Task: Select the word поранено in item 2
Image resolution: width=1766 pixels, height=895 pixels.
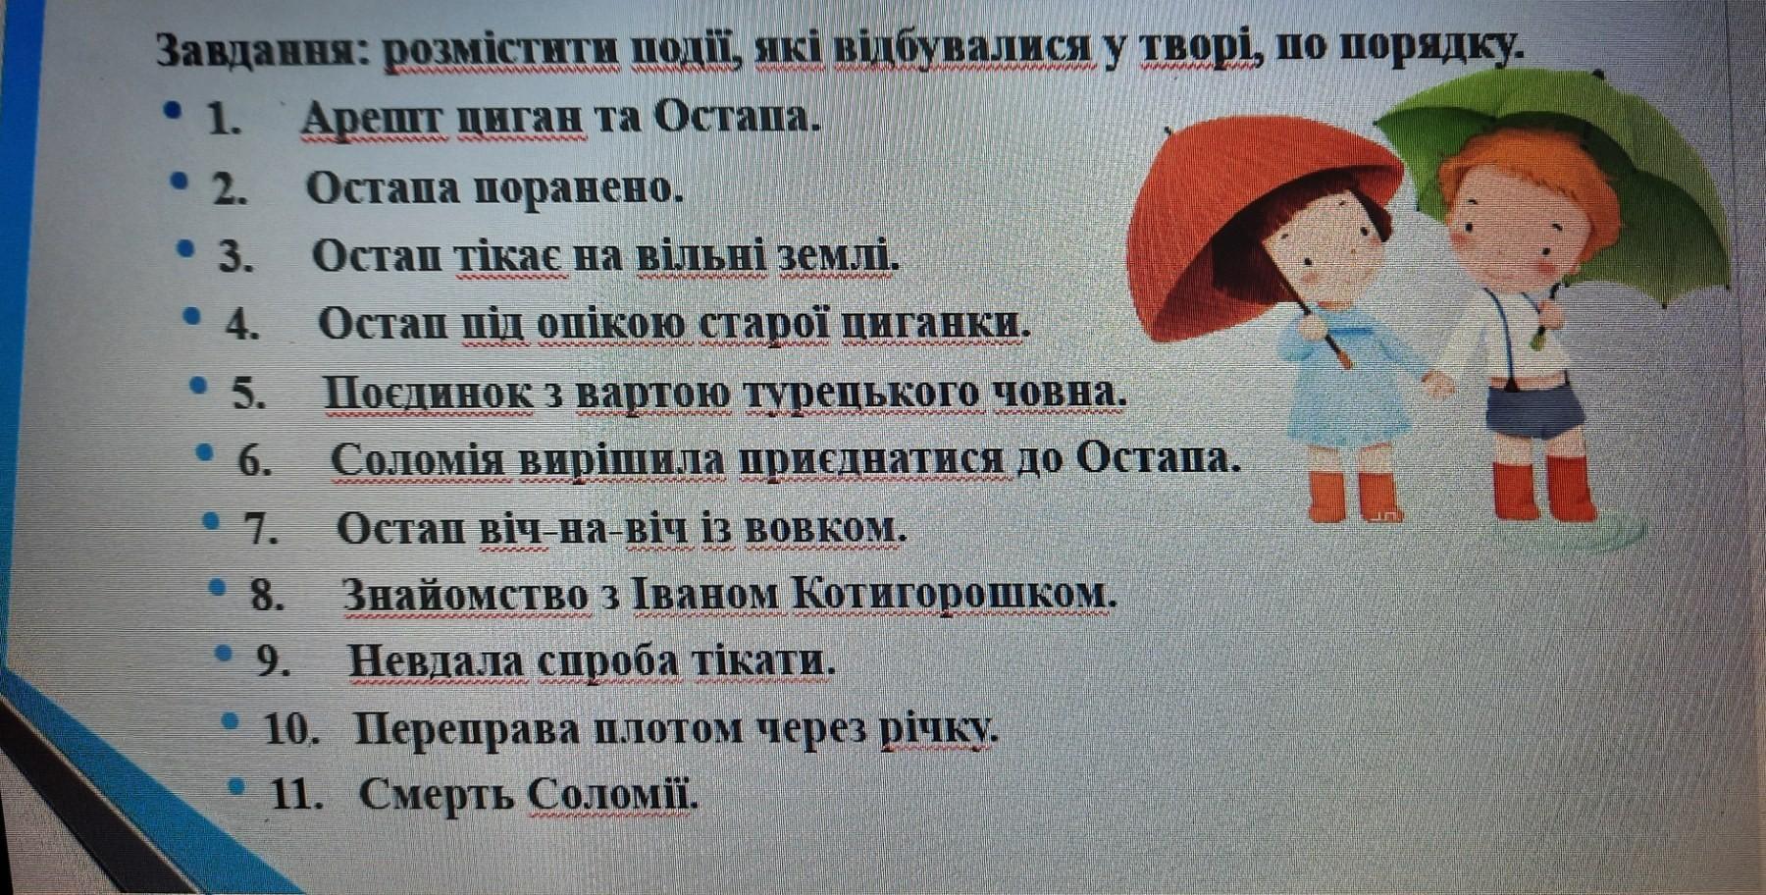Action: pos(579,188)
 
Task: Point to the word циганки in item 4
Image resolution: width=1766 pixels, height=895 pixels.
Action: pos(937,323)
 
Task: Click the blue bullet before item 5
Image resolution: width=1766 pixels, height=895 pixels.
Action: pos(199,386)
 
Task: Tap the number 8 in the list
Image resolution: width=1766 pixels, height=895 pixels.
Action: pos(266,595)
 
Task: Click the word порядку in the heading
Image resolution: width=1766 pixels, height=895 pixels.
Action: pos(1431,47)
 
